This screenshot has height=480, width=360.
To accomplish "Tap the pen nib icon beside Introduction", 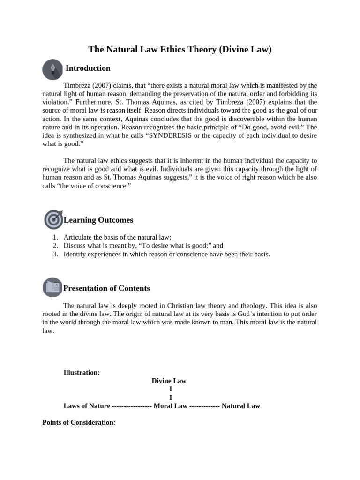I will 52,69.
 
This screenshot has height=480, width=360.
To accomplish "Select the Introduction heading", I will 88,68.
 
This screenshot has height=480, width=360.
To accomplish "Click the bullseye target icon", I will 53,219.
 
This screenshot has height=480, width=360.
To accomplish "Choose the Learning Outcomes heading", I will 98,220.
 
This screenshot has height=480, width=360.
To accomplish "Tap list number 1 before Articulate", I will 55,238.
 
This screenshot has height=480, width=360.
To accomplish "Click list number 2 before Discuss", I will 55,246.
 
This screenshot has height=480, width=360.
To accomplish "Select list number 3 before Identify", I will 55,255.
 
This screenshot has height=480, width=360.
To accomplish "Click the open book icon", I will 52,287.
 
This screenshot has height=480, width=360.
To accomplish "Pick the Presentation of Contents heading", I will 107,288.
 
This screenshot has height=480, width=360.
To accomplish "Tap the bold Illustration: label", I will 82,373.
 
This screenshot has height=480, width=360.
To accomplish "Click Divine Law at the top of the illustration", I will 169,381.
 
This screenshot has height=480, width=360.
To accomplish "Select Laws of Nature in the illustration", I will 87,406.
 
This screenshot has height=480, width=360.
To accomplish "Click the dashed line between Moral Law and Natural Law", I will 204,406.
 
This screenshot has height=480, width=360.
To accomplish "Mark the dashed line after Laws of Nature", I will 132,406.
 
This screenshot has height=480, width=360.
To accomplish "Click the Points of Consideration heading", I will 79,422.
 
